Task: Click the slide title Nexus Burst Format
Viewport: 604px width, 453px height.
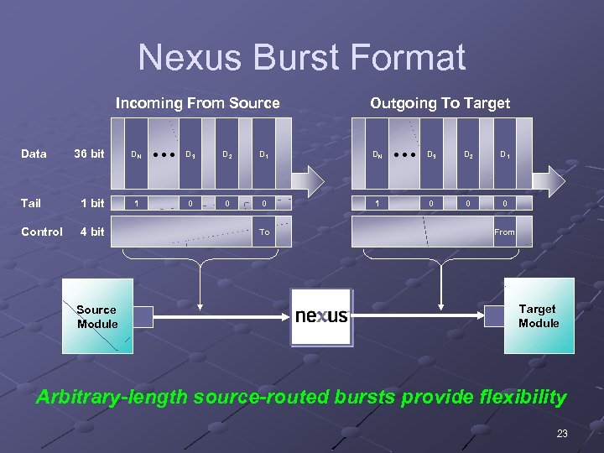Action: coord(301,58)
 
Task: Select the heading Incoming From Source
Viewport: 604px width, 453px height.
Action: coord(197,103)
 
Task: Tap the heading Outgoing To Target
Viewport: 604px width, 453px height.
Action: coord(440,103)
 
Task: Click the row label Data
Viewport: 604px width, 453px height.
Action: coord(34,154)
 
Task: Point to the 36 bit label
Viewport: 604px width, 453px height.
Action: coord(89,154)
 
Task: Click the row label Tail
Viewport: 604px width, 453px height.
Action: coord(30,203)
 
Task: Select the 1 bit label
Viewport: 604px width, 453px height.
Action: coord(91,203)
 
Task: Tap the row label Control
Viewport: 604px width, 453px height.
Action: coord(41,232)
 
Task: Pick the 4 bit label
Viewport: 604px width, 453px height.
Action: coord(91,232)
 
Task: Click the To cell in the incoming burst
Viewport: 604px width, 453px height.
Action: coord(264,232)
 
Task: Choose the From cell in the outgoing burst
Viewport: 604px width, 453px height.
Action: coord(504,232)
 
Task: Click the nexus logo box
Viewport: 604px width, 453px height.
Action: coord(321,316)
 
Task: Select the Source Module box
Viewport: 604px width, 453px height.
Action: coord(97,316)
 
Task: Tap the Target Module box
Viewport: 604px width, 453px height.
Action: coord(539,315)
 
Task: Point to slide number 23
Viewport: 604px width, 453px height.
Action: coord(561,434)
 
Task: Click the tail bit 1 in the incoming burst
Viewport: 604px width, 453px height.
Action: coord(137,203)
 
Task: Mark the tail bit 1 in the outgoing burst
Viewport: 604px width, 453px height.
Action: coord(377,203)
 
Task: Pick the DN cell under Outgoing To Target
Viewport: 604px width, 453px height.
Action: coord(378,154)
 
